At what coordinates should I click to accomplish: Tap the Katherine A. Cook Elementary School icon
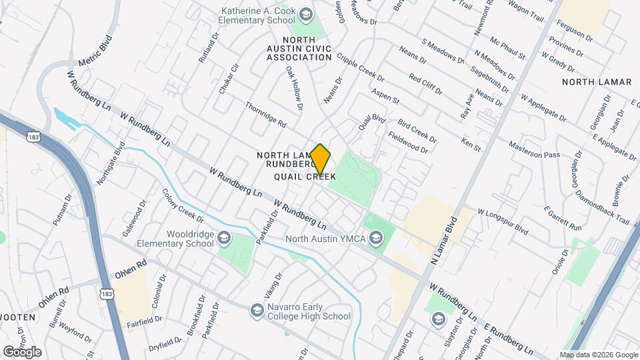[x=305, y=15]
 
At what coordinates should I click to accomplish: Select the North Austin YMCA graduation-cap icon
[x=377, y=238]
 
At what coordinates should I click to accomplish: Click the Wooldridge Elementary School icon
[x=225, y=238]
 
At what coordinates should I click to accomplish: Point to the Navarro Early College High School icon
[x=257, y=310]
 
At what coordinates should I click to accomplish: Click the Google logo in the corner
[x=22, y=352]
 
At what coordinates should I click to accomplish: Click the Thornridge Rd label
[x=265, y=115]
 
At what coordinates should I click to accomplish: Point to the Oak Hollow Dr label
[x=295, y=87]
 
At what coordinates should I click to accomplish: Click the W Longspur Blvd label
[x=502, y=221]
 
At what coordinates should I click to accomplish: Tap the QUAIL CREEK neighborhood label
[x=305, y=177]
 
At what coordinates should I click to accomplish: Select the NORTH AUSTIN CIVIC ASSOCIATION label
[x=299, y=49]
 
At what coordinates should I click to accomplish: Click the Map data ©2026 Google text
[x=598, y=355]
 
